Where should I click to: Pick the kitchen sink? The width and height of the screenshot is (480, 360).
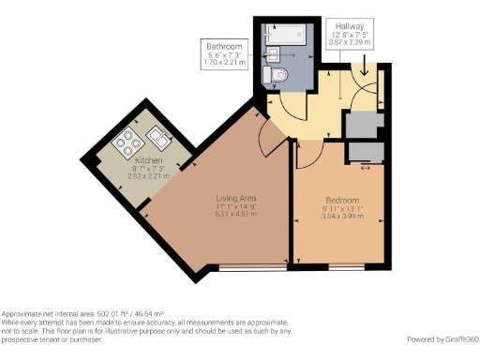coord(157,142)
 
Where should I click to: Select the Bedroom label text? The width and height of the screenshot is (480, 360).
coord(342,201)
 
